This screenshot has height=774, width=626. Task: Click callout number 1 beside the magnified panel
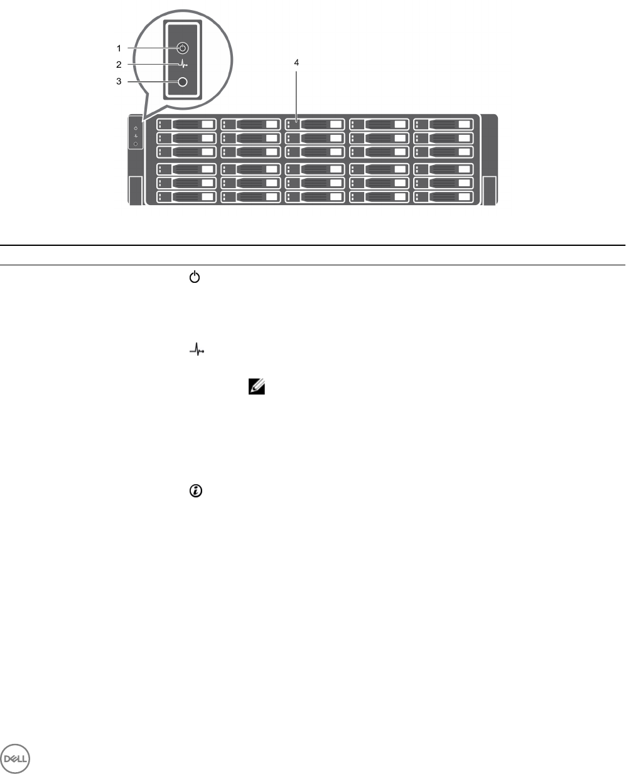point(118,48)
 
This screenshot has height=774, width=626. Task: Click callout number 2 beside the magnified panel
point(118,64)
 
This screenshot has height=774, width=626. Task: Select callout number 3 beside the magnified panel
point(118,82)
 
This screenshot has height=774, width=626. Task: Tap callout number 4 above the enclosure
point(296,62)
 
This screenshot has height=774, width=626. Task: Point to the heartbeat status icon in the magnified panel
point(183,65)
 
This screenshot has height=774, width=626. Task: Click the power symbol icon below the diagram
point(195,277)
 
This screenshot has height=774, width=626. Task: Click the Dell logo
point(15,759)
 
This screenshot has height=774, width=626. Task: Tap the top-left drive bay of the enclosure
point(186,124)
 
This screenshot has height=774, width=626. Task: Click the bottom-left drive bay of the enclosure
point(186,197)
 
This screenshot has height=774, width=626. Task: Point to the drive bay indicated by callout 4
point(315,124)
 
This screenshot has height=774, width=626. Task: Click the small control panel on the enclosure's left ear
point(136,132)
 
